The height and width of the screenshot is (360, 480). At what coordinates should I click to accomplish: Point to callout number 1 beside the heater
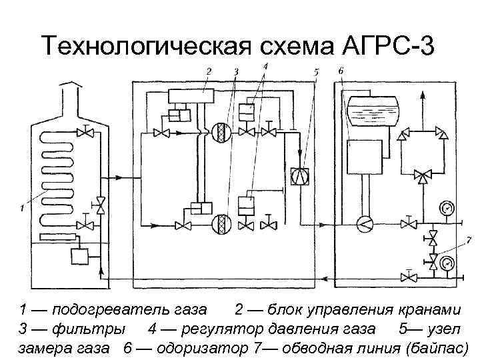point(22,208)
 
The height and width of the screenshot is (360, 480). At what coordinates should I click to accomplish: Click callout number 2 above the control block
point(208,71)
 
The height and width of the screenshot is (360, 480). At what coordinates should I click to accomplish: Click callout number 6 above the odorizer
point(341,71)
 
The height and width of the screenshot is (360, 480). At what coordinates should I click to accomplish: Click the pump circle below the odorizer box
point(365,224)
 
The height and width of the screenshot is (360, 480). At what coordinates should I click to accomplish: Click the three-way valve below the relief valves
point(421,176)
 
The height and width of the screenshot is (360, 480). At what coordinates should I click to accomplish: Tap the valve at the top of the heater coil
point(85,132)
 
